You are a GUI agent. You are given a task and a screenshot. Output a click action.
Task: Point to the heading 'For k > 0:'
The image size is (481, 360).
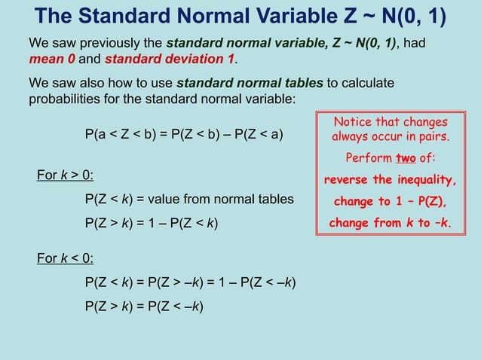(66, 175)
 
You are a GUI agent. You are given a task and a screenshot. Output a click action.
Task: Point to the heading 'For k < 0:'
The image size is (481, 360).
(66, 259)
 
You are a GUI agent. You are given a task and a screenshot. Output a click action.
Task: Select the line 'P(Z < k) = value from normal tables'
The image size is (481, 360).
(189, 200)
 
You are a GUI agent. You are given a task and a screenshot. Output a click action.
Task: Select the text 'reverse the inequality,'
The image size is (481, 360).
(390, 180)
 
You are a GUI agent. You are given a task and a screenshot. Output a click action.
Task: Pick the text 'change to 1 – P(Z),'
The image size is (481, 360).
(391, 202)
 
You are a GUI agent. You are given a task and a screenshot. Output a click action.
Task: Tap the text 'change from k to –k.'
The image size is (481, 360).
(390, 223)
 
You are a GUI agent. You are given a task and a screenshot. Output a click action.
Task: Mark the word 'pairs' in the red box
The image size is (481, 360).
(432, 137)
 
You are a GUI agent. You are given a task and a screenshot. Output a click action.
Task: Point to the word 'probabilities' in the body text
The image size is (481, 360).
(63, 98)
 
